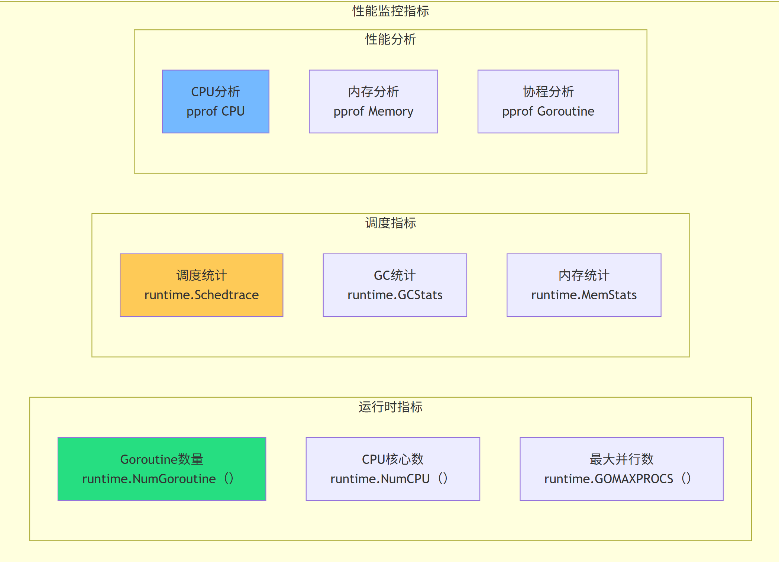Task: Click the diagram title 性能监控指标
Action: (390, 11)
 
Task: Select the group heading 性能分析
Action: (390, 39)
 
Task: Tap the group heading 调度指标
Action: (390, 223)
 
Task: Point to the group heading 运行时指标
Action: (390, 407)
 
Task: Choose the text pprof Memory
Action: (373, 111)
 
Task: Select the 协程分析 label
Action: (548, 91)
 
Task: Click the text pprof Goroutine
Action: (548, 111)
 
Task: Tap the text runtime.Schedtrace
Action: (201, 295)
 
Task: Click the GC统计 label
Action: (395, 275)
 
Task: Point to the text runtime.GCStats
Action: (395, 295)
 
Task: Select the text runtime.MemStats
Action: (584, 295)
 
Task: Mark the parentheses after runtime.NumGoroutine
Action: (229, 478)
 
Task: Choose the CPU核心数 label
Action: (393, 459)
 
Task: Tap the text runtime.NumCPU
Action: (380, 479)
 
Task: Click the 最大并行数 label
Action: (621, 459)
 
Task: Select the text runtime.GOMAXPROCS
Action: (608, 479)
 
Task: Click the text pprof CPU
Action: (216, 111)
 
